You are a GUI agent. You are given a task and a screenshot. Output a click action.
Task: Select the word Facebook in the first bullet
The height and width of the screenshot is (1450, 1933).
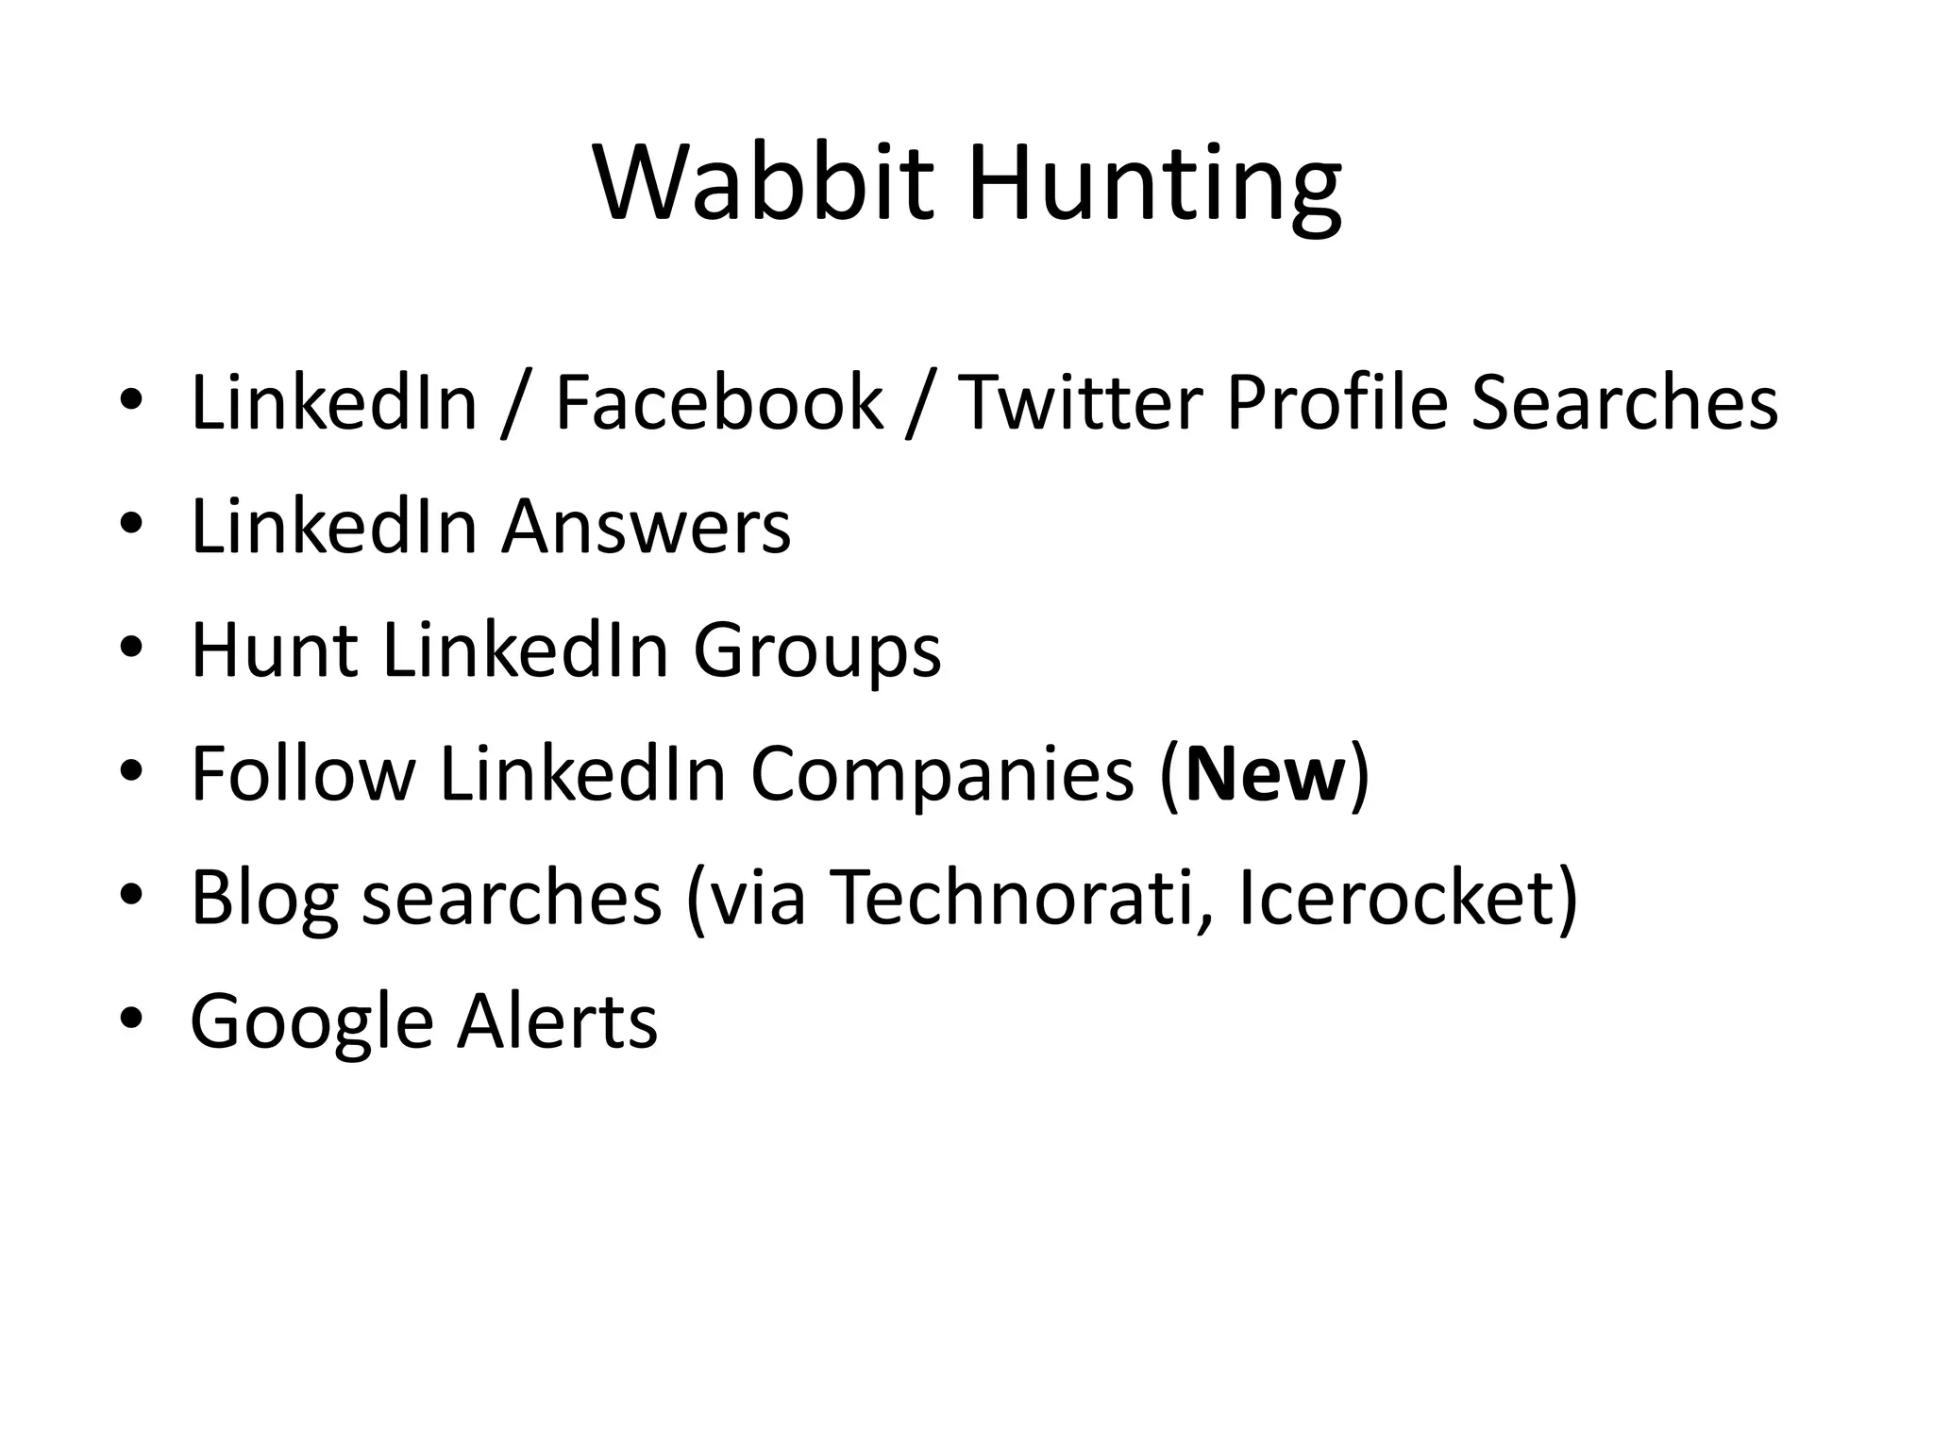(x=719, y=403)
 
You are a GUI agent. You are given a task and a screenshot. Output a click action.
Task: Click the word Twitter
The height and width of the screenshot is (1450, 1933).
(x=1080, y=403)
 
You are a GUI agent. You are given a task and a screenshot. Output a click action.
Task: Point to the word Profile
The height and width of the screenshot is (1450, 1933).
(x=1336, y=403)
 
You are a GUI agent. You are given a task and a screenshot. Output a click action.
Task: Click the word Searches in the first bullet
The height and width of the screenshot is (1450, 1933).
(x=1624, y=403)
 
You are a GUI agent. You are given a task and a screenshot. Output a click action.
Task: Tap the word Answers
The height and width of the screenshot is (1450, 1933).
(x=647, y=527)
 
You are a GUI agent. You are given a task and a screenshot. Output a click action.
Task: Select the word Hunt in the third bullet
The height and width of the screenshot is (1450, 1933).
(x=274, y=650)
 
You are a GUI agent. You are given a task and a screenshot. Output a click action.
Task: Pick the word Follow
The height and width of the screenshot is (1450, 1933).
(x=303, y=774)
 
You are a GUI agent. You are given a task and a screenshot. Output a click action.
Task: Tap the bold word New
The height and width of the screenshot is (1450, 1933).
(x=1265, y=774)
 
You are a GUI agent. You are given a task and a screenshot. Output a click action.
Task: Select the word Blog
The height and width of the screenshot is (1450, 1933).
(x=264, y=900)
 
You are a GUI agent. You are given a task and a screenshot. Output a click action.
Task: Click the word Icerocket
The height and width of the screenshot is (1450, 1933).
(x=1397, y=898)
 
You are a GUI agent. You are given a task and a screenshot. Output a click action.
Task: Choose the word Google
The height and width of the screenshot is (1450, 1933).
(x=311, y=1023)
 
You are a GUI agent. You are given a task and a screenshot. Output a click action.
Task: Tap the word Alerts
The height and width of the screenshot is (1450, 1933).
(x=557, y=1021)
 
